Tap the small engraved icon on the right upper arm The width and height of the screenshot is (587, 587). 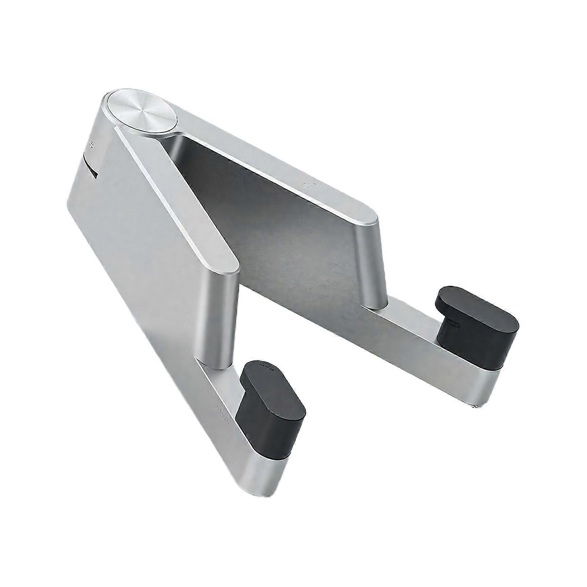(x=306, y=185)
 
